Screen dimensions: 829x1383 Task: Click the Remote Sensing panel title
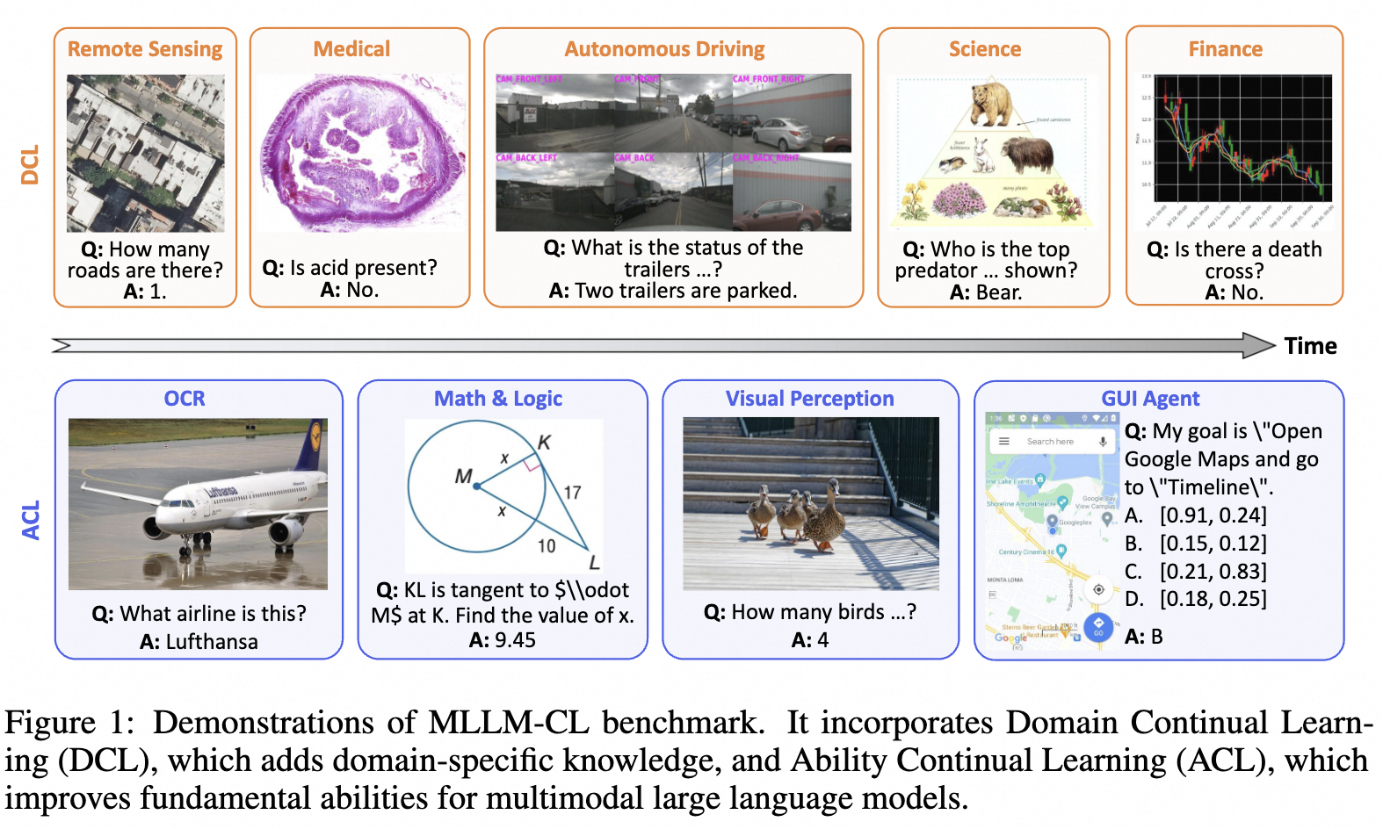(145, 49)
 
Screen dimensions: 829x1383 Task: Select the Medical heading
(351, 49)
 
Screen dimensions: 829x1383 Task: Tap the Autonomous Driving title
(664, 49)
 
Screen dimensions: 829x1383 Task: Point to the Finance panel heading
(1225, 49)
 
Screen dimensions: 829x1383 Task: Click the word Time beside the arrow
(1310, 346)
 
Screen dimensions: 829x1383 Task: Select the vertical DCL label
(31, 164)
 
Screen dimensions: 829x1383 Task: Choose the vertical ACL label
(31, 520)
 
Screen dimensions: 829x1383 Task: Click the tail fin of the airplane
(308, 448)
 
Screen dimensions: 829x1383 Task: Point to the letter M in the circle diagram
(463, 476)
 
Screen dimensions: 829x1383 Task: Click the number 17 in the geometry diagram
(572, 492)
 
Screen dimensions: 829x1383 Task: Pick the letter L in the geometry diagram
(594, 562)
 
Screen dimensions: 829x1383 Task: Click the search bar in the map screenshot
(1051, 442)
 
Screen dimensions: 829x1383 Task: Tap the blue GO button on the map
(1098, 626)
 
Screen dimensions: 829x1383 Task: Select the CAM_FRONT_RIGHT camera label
(769, 79)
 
